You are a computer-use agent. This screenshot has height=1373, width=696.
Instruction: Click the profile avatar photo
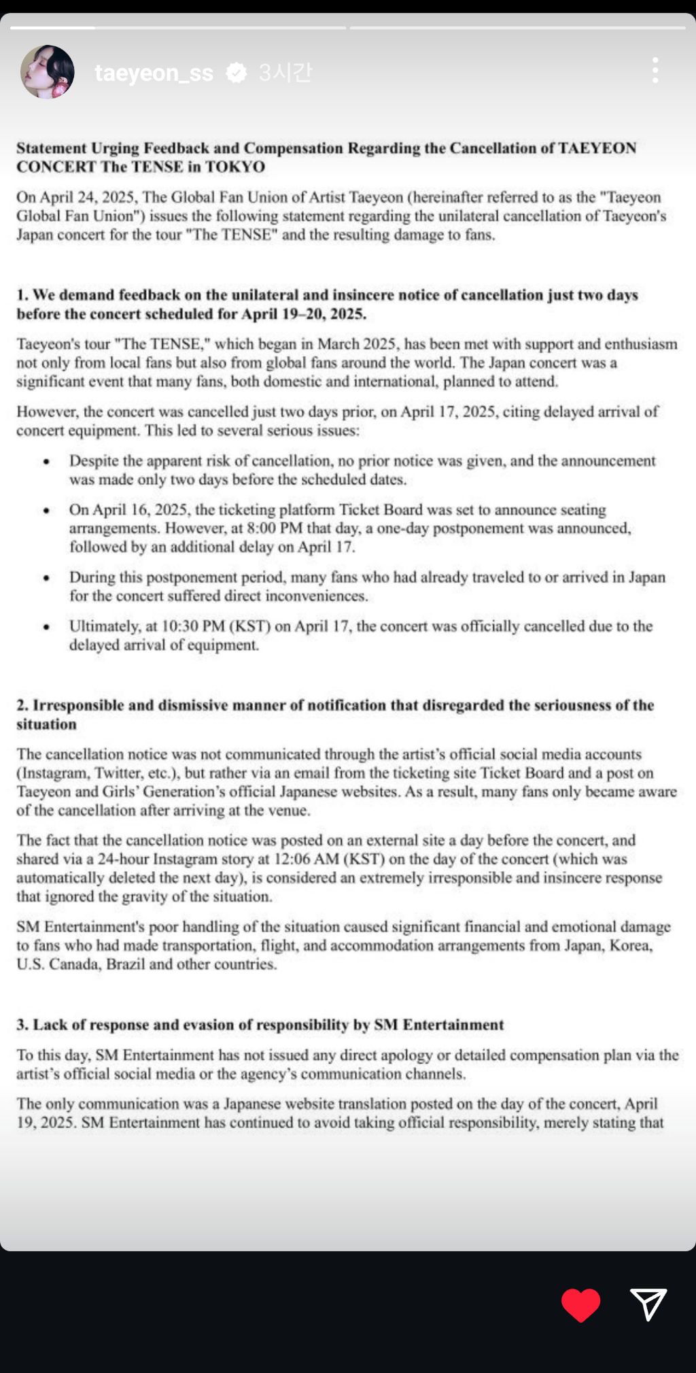coord(47,72)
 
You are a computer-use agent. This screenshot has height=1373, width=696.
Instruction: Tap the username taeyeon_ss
coord(154,73)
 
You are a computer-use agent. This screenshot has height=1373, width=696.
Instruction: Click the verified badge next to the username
coord(236,73)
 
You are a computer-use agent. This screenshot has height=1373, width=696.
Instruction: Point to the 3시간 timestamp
coord(285,72)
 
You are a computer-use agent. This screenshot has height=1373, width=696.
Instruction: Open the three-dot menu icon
coord(655,71)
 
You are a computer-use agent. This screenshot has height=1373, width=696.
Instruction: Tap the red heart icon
coord(580,1304)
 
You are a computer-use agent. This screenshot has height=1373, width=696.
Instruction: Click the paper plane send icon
coord(648,1304)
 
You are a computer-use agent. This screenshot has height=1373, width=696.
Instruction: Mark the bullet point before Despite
coord(46,461)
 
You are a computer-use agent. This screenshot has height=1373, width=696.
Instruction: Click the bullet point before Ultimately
coord(46,627)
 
